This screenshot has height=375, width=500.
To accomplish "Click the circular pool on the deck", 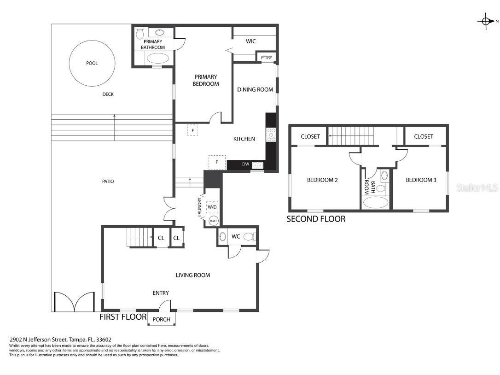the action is pos(92,63).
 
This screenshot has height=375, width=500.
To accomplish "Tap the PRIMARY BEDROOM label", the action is pos(206,80).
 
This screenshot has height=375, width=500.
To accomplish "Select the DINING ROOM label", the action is pos(255,90).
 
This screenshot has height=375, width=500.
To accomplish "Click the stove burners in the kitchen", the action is pos(271,135).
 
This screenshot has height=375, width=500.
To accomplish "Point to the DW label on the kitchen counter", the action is pos(245,164).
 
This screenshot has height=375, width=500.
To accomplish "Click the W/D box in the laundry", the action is pos(212,207).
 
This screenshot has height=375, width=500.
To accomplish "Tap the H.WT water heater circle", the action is pos(213,221).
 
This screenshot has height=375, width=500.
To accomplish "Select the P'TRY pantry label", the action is pos(267,58).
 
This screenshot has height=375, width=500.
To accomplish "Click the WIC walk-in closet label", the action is pos(250,41).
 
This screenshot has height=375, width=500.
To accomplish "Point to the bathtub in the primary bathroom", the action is pos(159,59).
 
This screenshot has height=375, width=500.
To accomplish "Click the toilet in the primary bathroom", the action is pos(140,33).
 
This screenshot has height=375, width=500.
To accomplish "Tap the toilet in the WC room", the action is pos(250,236).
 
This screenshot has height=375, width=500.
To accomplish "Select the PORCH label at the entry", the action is pos(161,319).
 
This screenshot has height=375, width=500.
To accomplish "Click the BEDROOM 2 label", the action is pos(322,180).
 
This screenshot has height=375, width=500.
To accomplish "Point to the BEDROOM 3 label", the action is pos(421,180).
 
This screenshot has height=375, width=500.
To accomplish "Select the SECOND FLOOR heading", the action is pos(316,219).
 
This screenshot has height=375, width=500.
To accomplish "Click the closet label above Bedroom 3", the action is pos(424,137).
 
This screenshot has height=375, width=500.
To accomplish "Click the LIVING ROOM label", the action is pos(193,275).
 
